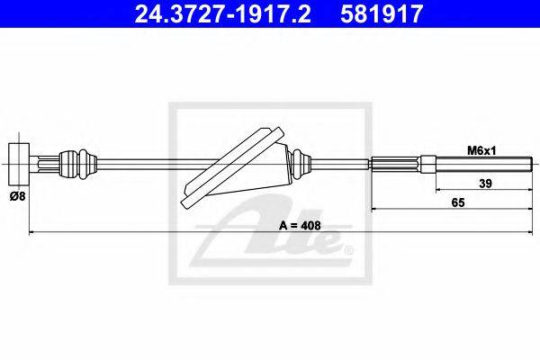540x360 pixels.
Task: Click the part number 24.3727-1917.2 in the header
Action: pos(223,13)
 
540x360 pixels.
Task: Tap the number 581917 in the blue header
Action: pos(382,13)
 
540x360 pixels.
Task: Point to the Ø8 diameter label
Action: pos(18,196)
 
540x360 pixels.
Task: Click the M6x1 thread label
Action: pos(481,150)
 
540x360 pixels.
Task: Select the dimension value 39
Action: pos(485,184)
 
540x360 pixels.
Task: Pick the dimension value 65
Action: pos(458,202)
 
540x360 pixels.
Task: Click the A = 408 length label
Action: pos(300,225)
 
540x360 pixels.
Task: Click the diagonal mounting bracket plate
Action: pos(232,167)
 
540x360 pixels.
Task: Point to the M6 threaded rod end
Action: pos(484,164)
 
